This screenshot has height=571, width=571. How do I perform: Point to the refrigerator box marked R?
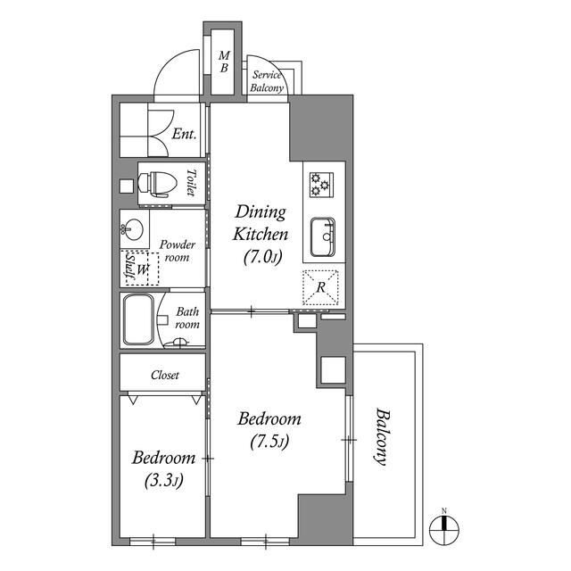[320, 286]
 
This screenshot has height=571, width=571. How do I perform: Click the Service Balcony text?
[267, 81]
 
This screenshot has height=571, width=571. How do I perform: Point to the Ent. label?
[184, 136]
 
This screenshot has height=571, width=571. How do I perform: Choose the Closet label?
[165, 376]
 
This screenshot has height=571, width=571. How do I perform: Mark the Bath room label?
[186, 319]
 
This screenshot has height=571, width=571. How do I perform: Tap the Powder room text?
[177, 252]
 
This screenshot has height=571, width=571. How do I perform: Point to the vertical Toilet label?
[191, 183]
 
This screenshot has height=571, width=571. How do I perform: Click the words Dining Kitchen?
[260, 223]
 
